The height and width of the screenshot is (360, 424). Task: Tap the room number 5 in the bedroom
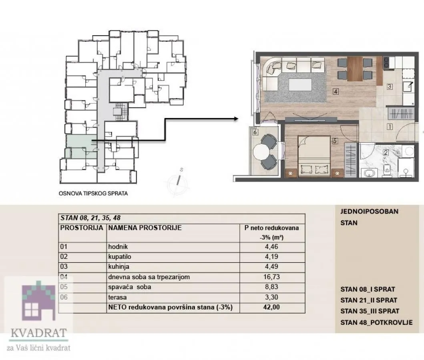[335, 141]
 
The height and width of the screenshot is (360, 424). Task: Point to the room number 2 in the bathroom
[386, 152]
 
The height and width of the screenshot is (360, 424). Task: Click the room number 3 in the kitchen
[389, 86]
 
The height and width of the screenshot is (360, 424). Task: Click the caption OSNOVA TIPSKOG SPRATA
[93, 194]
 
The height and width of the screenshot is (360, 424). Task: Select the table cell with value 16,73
[272, 277]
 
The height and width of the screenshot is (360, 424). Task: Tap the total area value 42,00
[272, 308]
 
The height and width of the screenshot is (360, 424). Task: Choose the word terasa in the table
[117, 297]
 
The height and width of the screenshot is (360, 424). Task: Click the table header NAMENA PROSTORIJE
[145, 228]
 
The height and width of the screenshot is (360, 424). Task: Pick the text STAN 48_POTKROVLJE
[376, 322]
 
